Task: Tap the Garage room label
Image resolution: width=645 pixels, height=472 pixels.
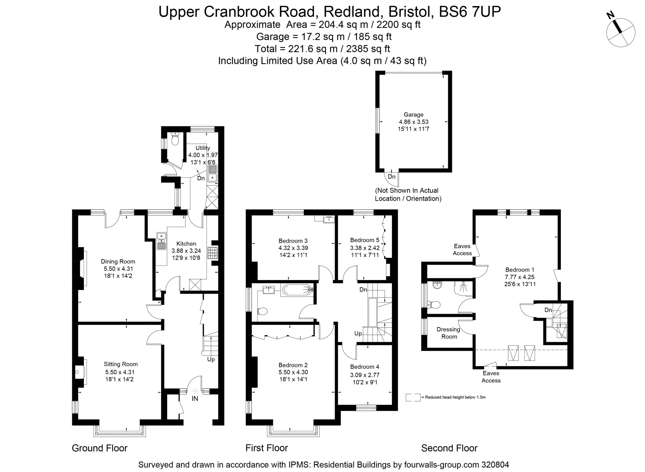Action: point(413,115)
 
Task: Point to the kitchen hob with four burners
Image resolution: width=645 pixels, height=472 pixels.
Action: point(212,253)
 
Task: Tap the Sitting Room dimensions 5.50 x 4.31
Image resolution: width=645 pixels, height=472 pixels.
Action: point(120,372)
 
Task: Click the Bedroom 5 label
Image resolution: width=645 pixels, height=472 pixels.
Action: point(365,240)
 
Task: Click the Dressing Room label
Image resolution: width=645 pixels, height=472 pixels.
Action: point(448,333)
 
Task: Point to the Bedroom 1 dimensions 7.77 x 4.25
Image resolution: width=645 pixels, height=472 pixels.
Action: point(520,277)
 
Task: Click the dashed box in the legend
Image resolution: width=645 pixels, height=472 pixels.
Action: point(413,397)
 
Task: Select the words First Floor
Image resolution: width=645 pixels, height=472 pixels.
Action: point(267,448)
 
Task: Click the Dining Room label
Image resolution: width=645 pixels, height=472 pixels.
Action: point(118,261)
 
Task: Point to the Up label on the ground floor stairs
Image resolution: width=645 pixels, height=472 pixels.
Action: point(211,359)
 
